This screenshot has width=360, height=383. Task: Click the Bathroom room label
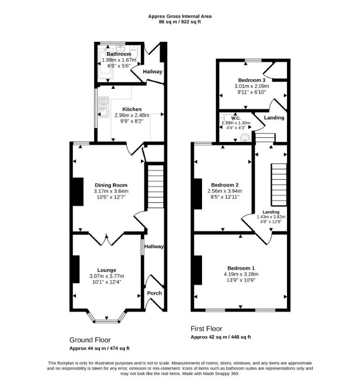119,54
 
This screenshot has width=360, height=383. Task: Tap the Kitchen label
132,109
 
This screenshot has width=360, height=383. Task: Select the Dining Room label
111,185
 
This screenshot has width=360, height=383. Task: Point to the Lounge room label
106,270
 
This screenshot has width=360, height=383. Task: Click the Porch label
154,293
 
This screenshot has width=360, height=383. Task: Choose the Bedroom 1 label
241,268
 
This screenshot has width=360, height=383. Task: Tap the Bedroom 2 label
225,185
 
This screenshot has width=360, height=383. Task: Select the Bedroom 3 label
251,80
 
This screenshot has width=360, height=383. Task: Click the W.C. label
235,118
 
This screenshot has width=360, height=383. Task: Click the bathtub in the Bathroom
105,65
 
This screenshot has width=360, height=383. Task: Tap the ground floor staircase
156,186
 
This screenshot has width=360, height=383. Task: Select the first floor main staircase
279,185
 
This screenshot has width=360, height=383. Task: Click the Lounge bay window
106,317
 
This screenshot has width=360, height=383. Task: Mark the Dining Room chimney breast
78,191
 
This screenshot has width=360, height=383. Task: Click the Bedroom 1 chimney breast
198,270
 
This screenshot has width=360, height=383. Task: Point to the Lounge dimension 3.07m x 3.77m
106,276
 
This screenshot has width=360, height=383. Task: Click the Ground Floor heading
90,340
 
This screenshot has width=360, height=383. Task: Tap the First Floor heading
206,329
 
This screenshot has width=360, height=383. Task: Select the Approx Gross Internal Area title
180,16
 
